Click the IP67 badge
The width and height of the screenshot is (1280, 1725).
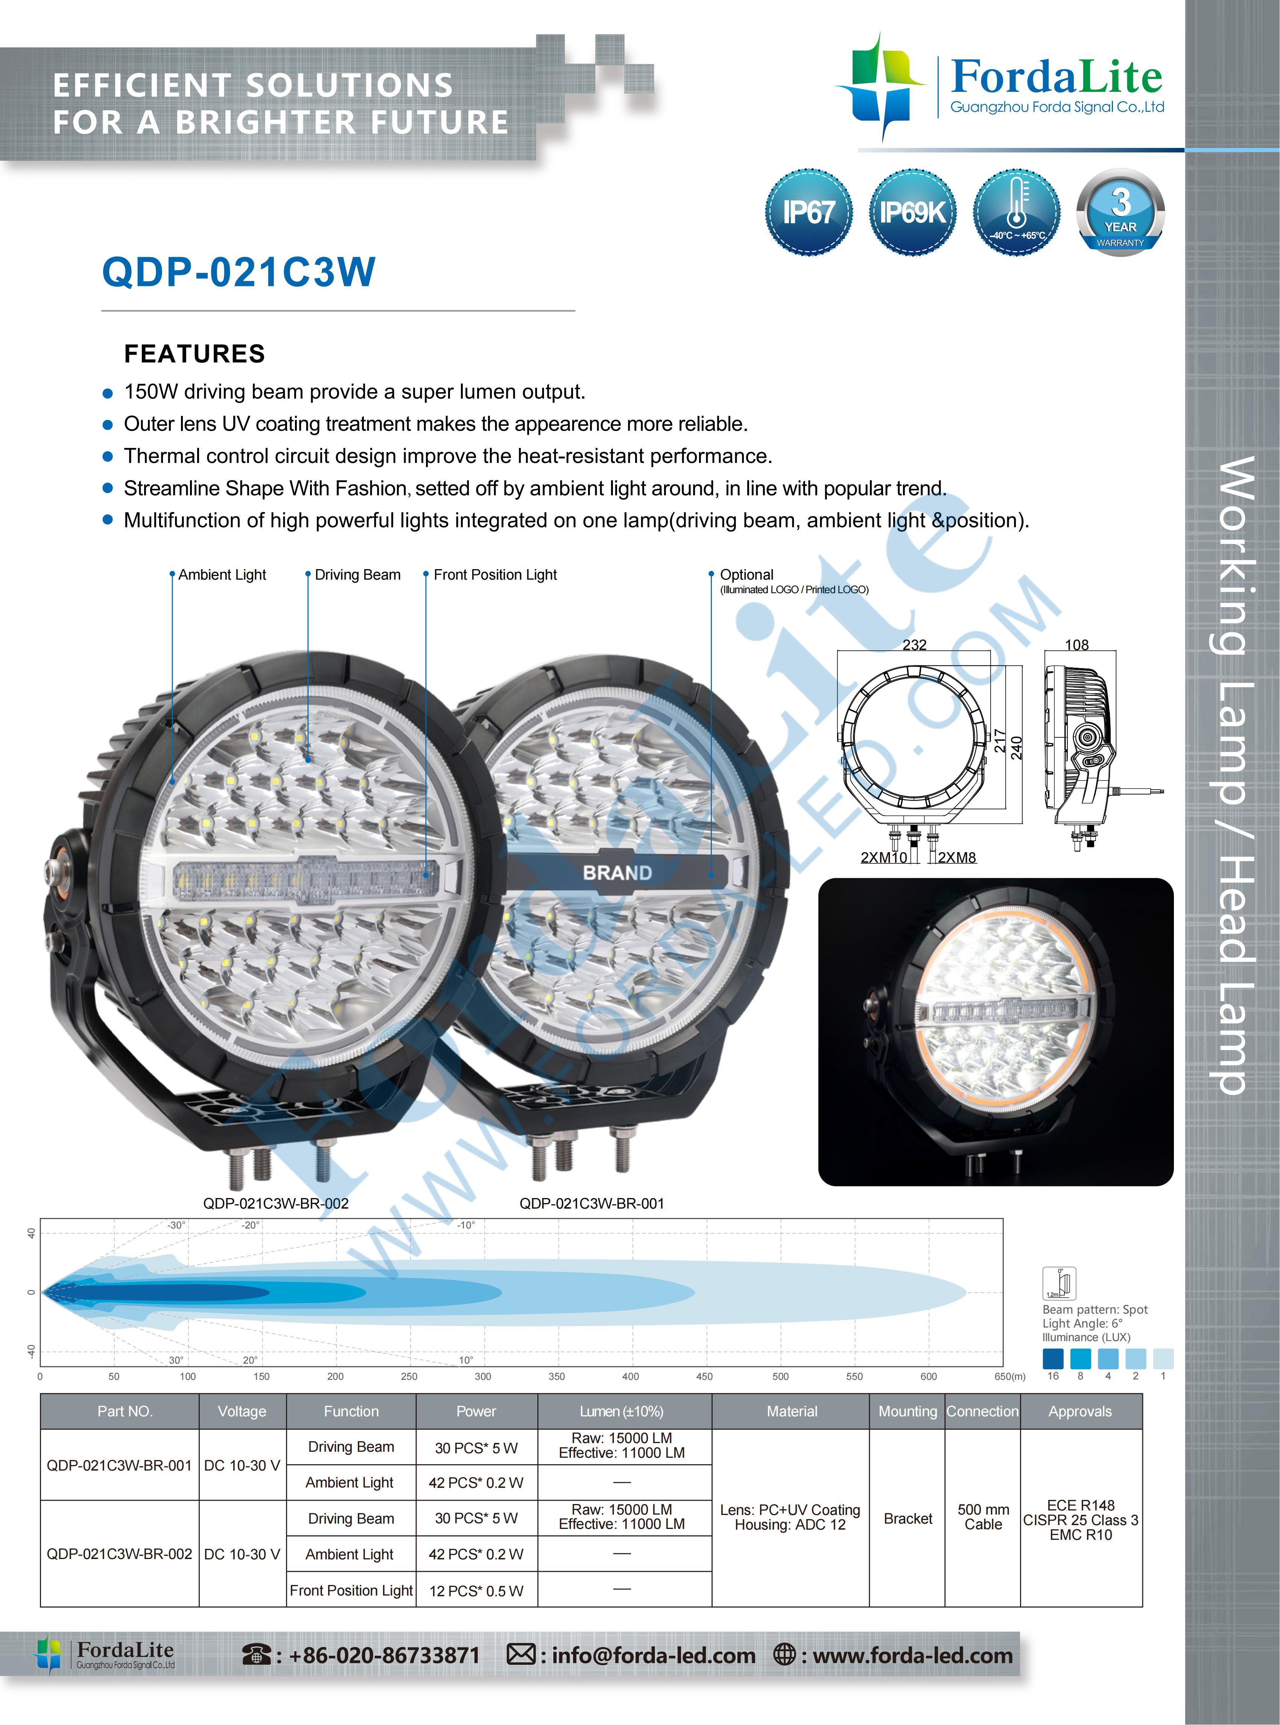pos(808,212)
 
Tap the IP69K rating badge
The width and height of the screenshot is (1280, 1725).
pos(912,212)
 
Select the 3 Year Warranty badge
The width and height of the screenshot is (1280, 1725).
pos(1120,212)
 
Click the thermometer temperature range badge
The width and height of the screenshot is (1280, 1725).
pos(1017,212)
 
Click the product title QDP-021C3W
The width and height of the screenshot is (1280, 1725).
pos(239,272)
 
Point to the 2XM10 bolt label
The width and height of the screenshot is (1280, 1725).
pos(883,857)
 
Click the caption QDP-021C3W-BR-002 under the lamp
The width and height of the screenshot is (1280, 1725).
pos(276,1203)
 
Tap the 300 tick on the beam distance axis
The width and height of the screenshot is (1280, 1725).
pos(483,1376)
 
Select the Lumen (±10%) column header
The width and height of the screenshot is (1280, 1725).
pos(622,1411)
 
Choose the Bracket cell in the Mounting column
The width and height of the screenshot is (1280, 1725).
pos(908,1518)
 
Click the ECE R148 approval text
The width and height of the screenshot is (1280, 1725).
pos(1081,1505)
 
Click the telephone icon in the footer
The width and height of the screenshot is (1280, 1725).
pos(257,1655)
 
